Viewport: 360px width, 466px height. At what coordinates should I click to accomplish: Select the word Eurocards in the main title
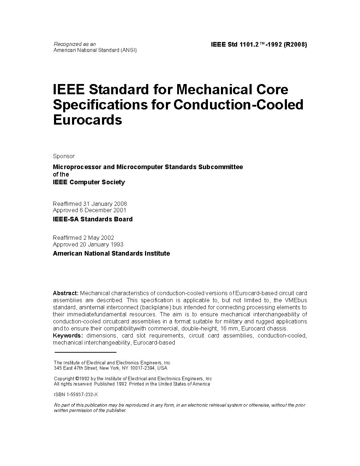[x=87, y=120]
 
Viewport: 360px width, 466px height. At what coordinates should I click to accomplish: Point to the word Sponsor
[x=64, y=156]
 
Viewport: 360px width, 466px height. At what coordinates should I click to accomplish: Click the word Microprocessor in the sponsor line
[x=77, y=167]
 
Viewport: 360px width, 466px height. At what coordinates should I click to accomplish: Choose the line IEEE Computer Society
[x=89, y=182]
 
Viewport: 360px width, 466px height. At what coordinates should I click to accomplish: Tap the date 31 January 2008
[x=105, y=204]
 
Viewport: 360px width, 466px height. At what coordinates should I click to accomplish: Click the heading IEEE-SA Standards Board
[x=92, y=219]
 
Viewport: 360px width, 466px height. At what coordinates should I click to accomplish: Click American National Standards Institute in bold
[x=111, y=253]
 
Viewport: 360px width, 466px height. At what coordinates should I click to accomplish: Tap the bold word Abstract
[x=65, y=293]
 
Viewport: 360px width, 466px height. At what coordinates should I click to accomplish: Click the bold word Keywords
[x=68, y=335]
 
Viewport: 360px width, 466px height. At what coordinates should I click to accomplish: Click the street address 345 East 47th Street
[x=75, y=368]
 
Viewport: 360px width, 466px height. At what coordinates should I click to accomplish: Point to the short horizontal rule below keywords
[x=85, y=352]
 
